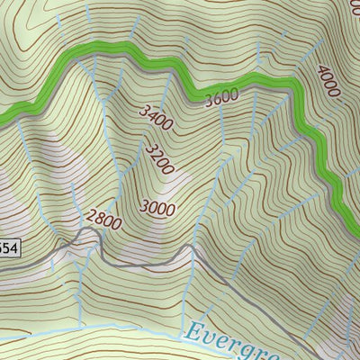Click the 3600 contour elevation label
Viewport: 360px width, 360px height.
click(x=220, y=98)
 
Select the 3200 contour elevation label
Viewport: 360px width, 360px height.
click(x=159, y=161)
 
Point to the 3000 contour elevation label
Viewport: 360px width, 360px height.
click(x=157, y=207)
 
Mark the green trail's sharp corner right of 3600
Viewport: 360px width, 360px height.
click(x=294, y=84)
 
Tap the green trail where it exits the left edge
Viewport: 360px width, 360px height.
click(x=3, y=115)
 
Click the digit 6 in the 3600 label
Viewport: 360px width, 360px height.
click(x=217, y=99)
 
